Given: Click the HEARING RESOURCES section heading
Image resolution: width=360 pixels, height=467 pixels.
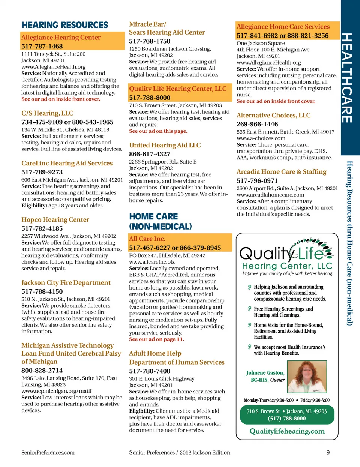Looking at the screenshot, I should pyautogui.click(x=64, y=25).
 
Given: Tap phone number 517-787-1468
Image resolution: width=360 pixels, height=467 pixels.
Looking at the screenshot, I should pyautogui.click(x=42, y=47).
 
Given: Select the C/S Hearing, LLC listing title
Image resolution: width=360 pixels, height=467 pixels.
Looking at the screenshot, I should pyautogui.click(x=47, y=113).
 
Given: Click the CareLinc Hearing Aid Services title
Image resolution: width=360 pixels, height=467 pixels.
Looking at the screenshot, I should pyautogui.click(x=67, y=163).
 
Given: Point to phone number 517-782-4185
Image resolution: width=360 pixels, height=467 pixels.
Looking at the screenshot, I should pyautogui.click(x=42, y=228).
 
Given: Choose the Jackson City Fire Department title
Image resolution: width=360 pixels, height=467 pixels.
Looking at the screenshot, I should pyautogui.click(x=66, y=283).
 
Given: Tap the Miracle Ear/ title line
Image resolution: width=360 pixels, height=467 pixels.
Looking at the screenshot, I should pyautogui.click(x=147, y=24).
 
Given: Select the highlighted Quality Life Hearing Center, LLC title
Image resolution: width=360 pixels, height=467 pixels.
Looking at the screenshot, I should pyautogui.click(x=178, y=89).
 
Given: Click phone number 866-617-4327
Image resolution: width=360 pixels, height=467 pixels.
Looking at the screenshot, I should pyautogui.click(x=150, y=154).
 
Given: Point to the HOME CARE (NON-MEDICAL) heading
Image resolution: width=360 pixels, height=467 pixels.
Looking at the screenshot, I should pyautogui.click(x=160, y=221).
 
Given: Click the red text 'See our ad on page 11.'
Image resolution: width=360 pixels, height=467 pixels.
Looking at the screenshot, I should pyautogui.click(x=156, y=339).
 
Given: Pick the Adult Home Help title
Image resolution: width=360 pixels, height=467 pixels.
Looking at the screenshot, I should pyautogui.click(x=155, y=353).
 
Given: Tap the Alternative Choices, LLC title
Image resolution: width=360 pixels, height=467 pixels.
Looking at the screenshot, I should pyautogui.click(x=273, y=116).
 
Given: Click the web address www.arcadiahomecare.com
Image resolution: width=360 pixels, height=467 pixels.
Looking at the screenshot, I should pyautogui.click(x=270, y=195).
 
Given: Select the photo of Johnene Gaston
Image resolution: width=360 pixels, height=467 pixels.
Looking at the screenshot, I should pyautogui.click(x=306, y=377).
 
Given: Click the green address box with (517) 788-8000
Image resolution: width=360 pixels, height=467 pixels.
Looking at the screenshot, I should pyautogui.click(x=287, y=415).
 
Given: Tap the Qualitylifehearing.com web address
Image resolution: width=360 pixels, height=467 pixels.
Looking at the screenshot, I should pyautogui.click(x=287, y=431).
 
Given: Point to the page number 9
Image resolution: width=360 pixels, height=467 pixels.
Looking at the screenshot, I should pyautogui.click(x=328, y=452).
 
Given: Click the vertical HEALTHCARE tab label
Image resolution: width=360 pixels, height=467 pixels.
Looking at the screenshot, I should pyautogui.click(x=347, y=78).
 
